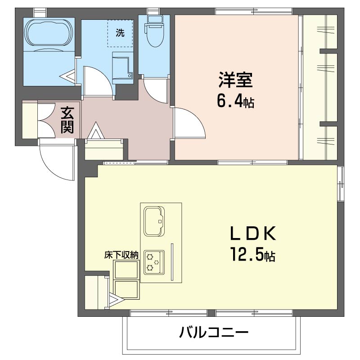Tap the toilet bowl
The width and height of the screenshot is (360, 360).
[155, 35]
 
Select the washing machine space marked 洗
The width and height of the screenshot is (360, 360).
[120, 33]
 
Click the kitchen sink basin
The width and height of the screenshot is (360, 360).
[154, 221]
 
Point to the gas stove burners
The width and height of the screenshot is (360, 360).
[154, 262]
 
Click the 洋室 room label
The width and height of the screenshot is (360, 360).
[235, 80]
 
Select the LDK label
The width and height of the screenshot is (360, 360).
[252, 233]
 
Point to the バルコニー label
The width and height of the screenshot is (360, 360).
[214, 332]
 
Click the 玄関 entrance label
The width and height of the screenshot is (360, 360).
[67, 120]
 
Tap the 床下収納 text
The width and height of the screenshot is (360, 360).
[121, 255]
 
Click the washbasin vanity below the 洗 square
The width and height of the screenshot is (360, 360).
[122, 68]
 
